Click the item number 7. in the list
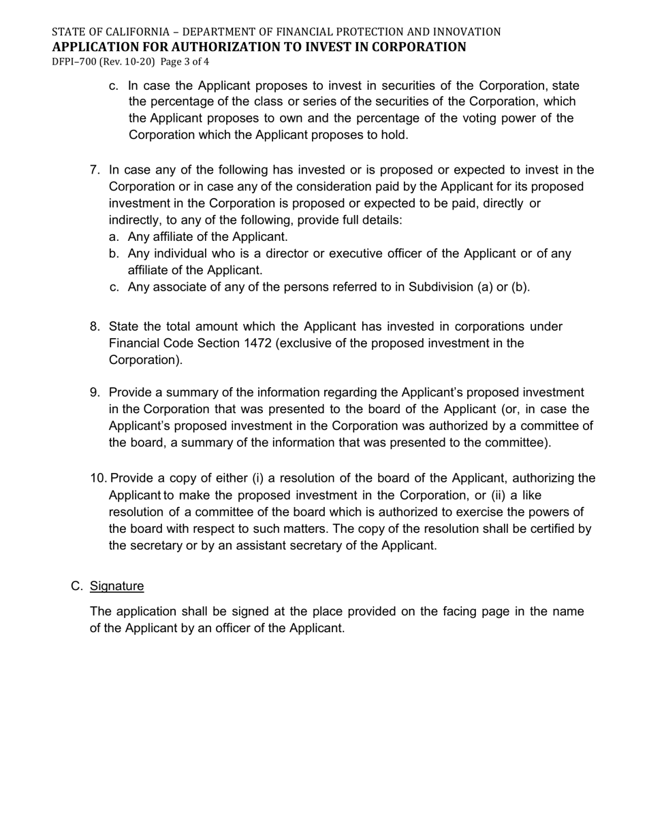95,170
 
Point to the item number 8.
95,327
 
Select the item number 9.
95,393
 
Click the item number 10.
98,478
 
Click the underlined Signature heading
116,587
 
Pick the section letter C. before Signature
77,587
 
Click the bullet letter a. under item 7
114,237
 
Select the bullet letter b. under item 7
114,254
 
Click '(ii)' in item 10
499,495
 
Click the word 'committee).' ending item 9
518,443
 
